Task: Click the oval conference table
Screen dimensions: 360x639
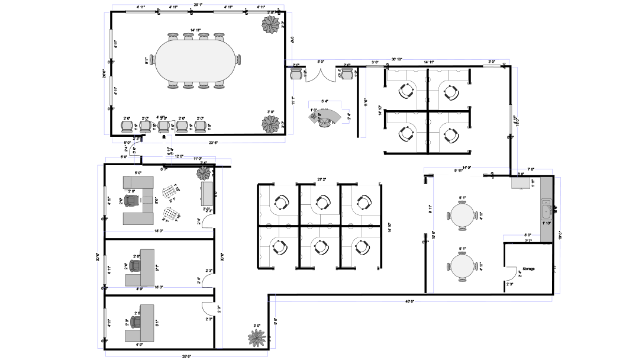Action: point(196,61)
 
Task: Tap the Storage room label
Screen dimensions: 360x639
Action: point(528,269)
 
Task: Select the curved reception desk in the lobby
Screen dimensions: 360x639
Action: point(326,115)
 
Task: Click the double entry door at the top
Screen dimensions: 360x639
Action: point(321,75)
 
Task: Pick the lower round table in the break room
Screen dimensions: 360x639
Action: point(463,265)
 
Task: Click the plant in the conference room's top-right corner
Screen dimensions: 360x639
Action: point(272,24)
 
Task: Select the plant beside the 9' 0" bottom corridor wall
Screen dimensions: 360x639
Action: point(257,337)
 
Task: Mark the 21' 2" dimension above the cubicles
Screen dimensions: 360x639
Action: point(322,179)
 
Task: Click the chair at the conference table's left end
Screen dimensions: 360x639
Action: point(152,60)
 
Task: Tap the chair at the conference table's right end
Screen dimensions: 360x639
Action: point(238,60)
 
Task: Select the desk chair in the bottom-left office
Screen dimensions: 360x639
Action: point(137,322)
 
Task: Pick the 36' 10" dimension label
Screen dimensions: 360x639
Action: point(397,59)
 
